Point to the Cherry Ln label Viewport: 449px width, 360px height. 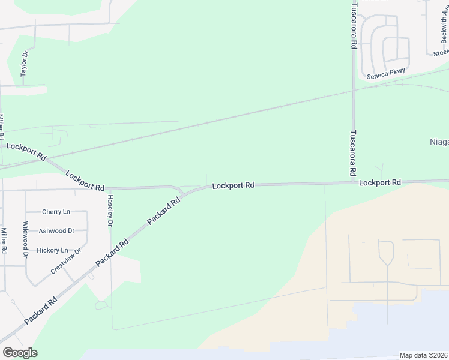pos(56,212)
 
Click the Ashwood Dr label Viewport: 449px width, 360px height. pos(56,230)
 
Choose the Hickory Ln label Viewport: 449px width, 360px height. pos(53,250)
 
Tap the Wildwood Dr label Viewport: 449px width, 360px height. pos(26,239)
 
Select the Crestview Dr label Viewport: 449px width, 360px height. pos(65,262)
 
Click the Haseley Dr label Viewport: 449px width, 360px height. pos(110,211)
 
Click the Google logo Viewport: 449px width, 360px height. pos(20,353)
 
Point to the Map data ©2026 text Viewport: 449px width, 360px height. pos(423,355)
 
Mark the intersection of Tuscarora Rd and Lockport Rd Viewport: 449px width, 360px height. pos(354,182)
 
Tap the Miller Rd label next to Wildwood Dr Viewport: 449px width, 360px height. pos(4,240)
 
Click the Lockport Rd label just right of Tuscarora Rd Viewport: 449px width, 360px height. pos(380,182)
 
